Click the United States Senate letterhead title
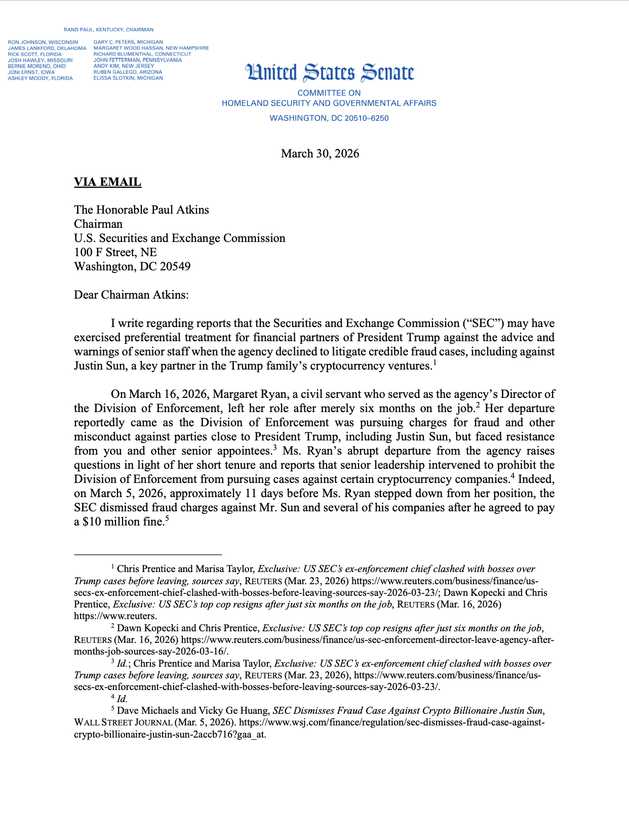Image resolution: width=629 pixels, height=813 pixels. tap(330, 73)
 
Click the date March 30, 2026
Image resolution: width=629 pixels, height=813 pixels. tap(320, 153)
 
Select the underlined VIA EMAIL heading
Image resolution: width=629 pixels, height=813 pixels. tap(107, 182)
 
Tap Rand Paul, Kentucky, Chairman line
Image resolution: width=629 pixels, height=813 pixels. tap(108, 30)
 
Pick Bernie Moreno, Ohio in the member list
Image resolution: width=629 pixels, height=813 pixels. tap(37, 66)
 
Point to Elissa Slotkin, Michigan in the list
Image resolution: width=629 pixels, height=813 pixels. tap(128, 78)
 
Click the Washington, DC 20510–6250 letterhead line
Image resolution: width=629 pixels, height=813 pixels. tap(329, 118)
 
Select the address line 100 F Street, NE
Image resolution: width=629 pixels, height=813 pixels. tap(115, 252)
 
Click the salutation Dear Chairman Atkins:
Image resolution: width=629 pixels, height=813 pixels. tap(131, 295)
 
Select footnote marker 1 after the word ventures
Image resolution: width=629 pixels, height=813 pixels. tap(434, 362)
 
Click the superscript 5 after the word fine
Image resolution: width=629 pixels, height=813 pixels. tap(167, 518)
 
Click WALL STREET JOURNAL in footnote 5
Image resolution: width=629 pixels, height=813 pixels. tap(123, 723)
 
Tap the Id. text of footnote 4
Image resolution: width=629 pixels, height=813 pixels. tap(122, 699)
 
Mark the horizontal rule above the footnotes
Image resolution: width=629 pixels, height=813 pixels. tap(148, 555)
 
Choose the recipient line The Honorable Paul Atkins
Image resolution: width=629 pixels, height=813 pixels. tap(141, 210)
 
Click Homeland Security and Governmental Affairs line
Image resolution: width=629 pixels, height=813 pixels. tap(329, 103)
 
